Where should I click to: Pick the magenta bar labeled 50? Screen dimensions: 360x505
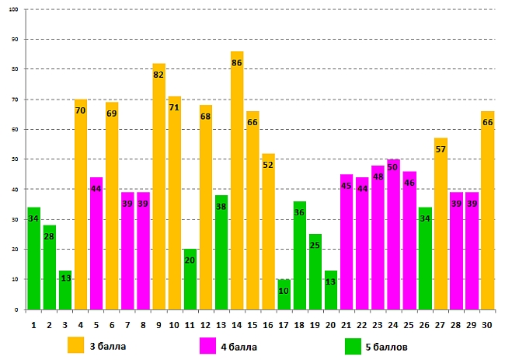pyautogui.click(x=393, y=234)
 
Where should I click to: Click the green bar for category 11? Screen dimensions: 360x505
pyautogui.click(x=190, y=279)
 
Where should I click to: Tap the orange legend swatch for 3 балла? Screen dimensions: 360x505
pyautogui.click(x=75, y=344)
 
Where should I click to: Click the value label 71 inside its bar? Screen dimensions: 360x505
pyautogui.click(x=174, y=107)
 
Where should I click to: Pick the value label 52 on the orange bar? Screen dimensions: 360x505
pyautogui.click(x=268, y=165)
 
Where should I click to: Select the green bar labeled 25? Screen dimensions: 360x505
pyautogui.click(x=315, y=271)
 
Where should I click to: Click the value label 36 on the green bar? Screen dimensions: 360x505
pyautogui.click(x=300, y=213)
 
